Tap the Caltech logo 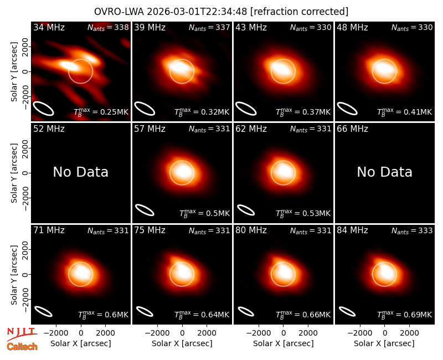[x=22, y=347]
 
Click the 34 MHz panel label [x=49, y=27]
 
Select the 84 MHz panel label [x=352, y=230]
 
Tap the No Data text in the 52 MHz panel [x=81, y=172]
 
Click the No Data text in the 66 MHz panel [x=384, y=172]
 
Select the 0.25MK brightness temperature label [x=101, y=112]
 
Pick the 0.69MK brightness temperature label [x=405, y=314]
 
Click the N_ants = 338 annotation [x=108, y=27]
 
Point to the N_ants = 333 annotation [x=412, y=230]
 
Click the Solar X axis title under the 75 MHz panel [x=182, y=343]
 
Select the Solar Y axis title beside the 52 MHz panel [x=14, y=173]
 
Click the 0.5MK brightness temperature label [x=205, y=213]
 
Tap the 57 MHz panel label [x=150, y=129]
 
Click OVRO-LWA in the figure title [x=119, y=12]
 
